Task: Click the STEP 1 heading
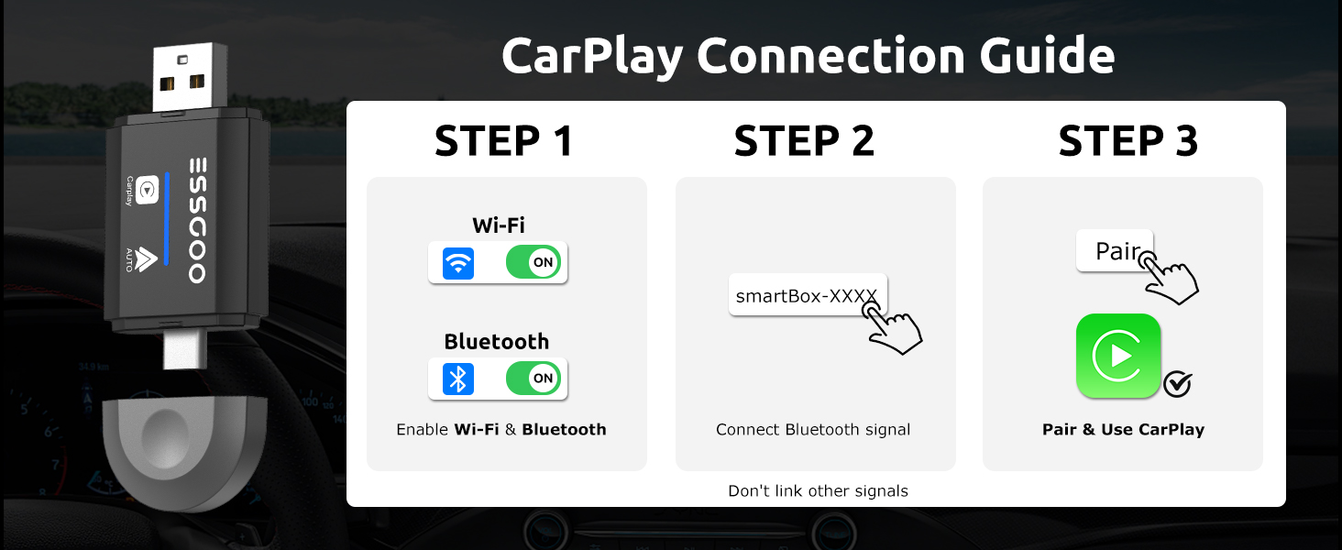coord(504,141)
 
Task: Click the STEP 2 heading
coord(804,141)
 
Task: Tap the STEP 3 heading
coord(1128,141)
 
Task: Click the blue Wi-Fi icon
coord(458,263)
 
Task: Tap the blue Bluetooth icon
coord(458,379)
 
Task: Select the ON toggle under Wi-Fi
coord(533,262)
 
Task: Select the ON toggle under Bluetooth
coord(533,378)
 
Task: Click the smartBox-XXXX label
coord(807,295)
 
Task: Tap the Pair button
coord(1115,250)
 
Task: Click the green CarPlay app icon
coord(1118,356)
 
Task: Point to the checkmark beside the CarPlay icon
coord(1177,384)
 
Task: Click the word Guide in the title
coord(1047,56)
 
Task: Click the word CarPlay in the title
coord(592,57)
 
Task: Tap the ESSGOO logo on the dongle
coord(198,221)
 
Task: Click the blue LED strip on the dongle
coord(167,219)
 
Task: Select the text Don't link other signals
coord(818,491)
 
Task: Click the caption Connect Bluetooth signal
coord(813,430)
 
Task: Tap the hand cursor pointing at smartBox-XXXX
coord(893,328)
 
